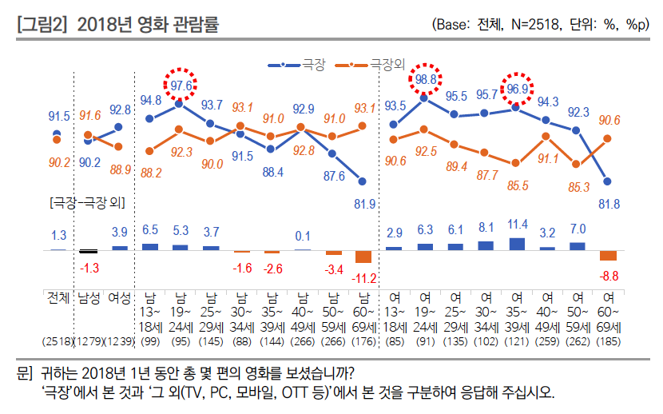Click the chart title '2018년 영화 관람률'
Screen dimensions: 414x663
click(147, 26)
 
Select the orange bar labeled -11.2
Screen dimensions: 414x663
click(363, 257)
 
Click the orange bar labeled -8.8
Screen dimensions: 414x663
click(608, 255)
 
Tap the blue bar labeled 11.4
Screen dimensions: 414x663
click(517, 244)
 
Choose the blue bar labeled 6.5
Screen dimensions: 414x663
click(150, 246)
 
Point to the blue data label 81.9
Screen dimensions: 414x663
click(364, 202)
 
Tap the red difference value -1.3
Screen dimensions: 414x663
click(89, 266)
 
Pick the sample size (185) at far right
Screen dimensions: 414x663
click(608, 342)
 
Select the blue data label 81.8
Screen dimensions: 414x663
click(609, 204)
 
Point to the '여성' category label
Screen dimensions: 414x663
click(119, 298)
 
